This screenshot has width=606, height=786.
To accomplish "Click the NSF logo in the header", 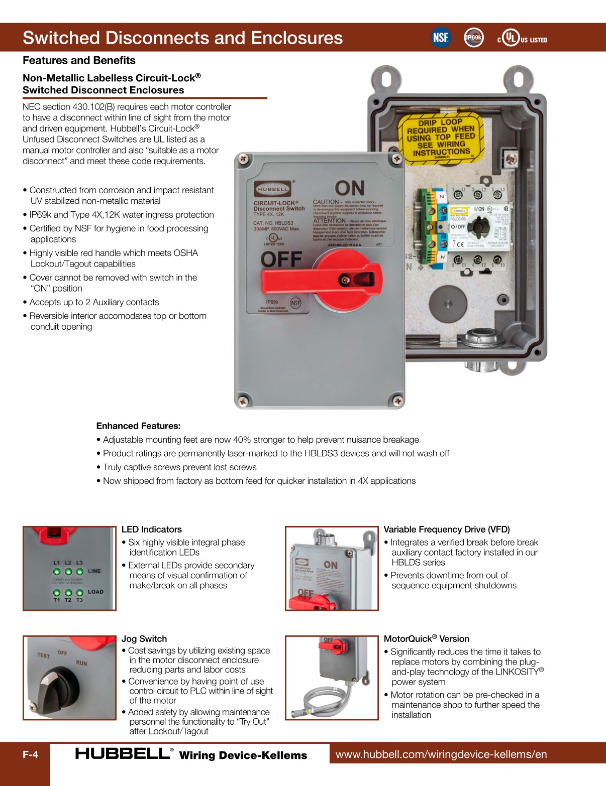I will click(441, 38).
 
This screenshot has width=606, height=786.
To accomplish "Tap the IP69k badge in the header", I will click(473, 38).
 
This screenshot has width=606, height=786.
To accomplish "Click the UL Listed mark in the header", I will click(523, 39).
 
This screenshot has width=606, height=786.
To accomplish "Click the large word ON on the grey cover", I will click(350, 188).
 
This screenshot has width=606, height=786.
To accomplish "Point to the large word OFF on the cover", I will click(281, 259).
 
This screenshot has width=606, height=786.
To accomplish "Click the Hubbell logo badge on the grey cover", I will click(272, 189).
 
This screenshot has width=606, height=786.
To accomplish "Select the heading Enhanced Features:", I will click(138, 426).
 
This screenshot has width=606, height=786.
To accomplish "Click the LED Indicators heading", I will click(151, 529).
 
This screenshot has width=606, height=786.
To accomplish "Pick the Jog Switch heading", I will click(144, 638).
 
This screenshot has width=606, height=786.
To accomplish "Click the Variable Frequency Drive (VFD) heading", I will click(446, 529).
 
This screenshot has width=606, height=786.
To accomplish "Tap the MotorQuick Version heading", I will click(426, 638).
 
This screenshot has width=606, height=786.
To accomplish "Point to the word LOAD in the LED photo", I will click(95, 592).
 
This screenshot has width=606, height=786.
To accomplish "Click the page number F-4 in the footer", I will click(30, 754).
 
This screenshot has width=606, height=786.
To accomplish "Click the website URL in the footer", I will click(441, 754).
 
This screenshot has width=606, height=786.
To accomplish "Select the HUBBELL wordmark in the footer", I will click(122, 753).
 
